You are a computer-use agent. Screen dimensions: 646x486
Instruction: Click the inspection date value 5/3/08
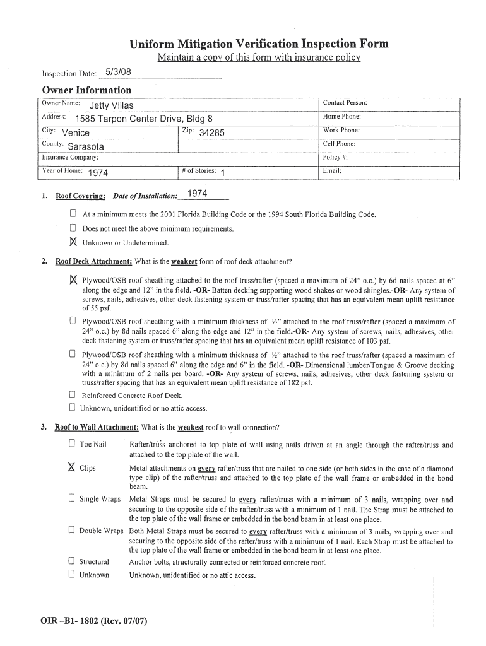pyautogui.click(x=118, y=73)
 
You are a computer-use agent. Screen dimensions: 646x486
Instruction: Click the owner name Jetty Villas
pyautogui.click(x=111, y=105)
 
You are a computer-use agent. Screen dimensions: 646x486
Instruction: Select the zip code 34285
pyautogui.click(x=211, y=132)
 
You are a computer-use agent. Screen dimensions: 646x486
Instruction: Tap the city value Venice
pyautogui.click(x=76, y=132)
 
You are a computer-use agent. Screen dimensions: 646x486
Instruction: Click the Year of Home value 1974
pyautogui.click(x=98, y=173)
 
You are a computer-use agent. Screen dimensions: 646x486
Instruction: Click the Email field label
pyautogui.click(x=332, y=170)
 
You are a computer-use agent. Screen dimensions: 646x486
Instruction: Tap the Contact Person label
pyautogui.click(x=345, y=103)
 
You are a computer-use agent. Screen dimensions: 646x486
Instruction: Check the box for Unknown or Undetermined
pyautogui.click(x=73, y=242)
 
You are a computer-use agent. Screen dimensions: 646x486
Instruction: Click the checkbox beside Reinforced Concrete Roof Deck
pyautogui.click(x=73, y=396)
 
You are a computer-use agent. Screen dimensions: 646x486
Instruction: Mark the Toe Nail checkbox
pyautogui.click(x=72, y=445)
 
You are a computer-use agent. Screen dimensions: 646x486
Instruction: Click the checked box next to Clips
pyautogui.click(x=71, y=467)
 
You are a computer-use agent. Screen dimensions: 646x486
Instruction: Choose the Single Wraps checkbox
pyautogui.click(x=72, y=498)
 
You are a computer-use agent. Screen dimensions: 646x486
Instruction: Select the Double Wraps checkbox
pyautogui.click(x=72, y=531)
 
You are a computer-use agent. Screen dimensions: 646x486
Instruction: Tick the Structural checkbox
pyautogui.click(x=72, y=561)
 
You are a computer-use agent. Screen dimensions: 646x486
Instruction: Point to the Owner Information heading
pyautogui.click(x=86, y=90)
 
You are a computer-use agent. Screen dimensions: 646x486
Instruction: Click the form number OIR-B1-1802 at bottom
pyautogui.click(x=94, y=620)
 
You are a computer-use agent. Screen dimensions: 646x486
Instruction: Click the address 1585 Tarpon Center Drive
pyautogui.click(x=143, y=119)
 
